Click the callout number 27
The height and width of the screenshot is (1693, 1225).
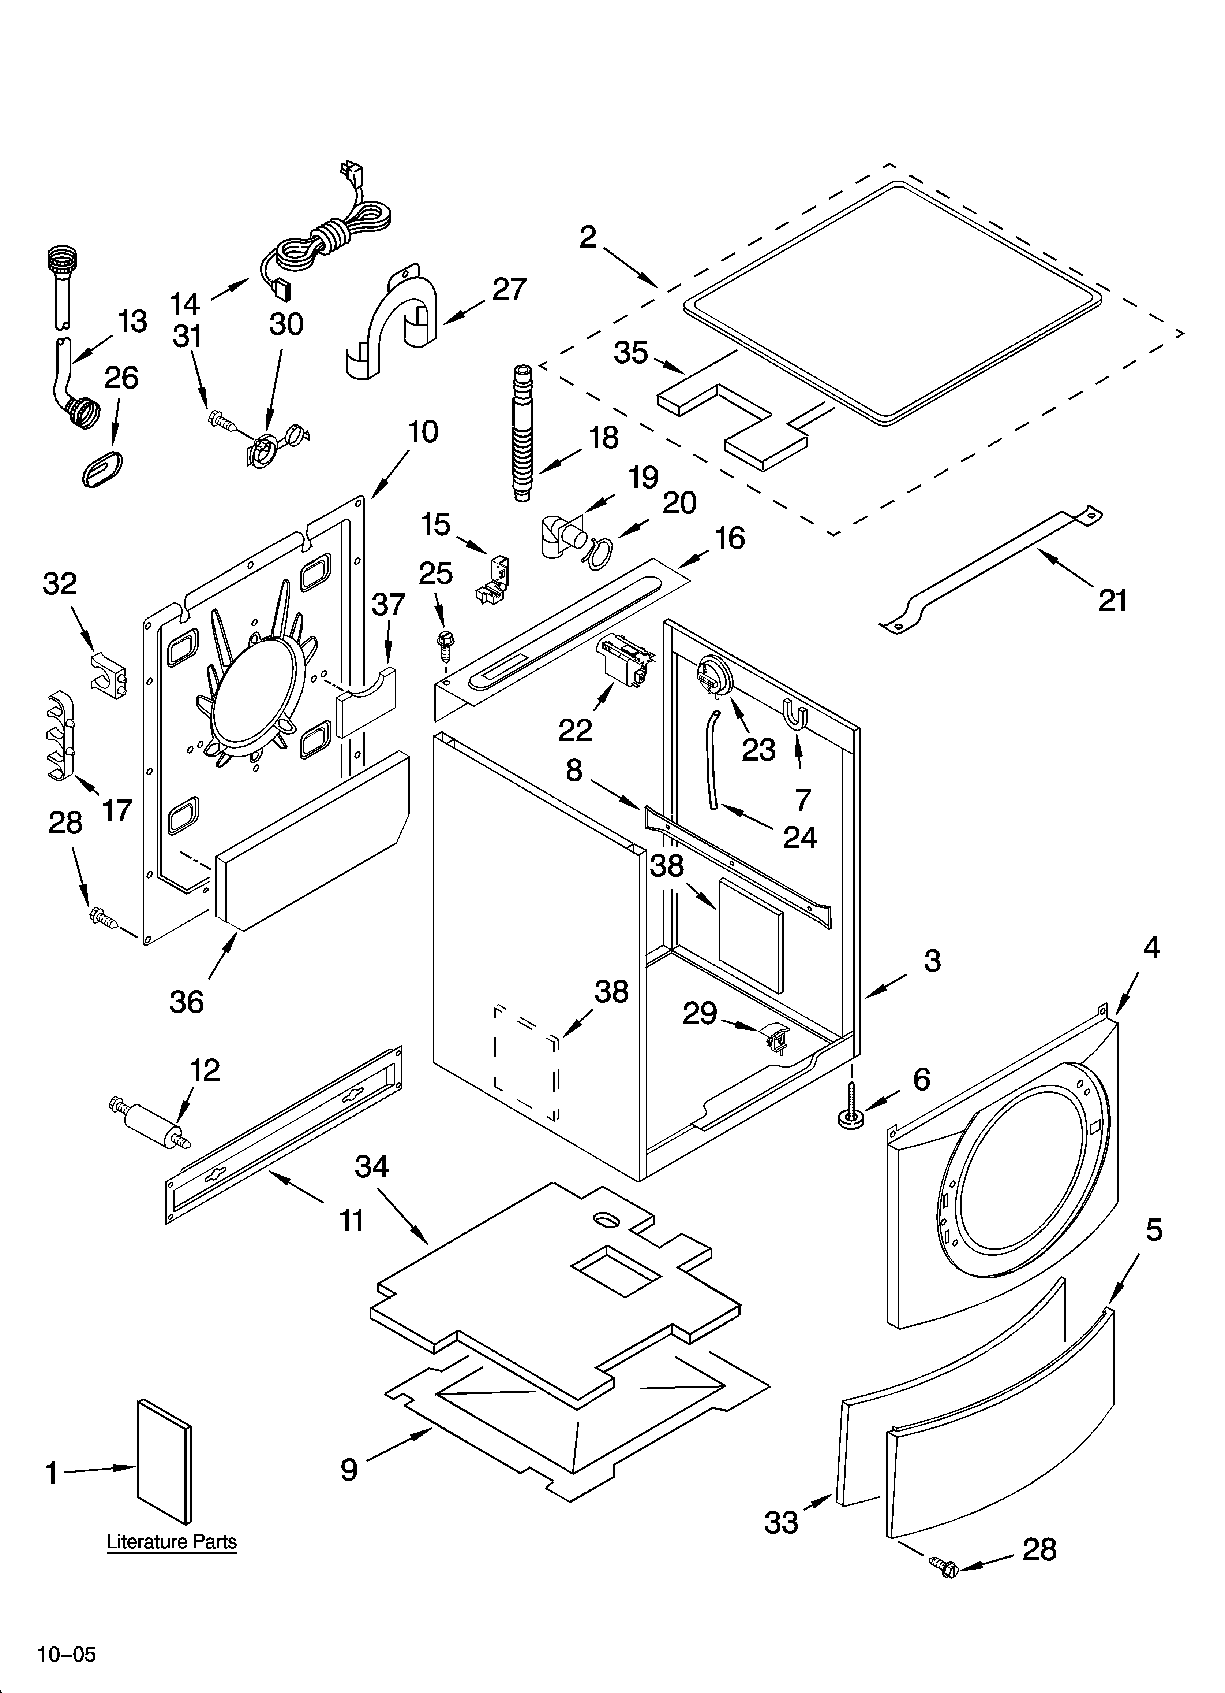[510, 289]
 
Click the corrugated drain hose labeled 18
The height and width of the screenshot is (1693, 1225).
[523, 433]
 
